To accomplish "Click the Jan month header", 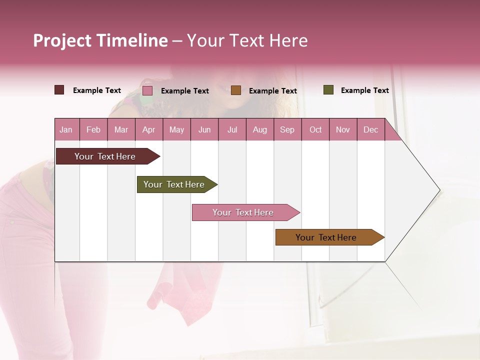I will [66, 129].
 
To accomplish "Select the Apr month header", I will [149, 129].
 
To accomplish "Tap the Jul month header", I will [232, 129].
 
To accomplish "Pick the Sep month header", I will [287, 129].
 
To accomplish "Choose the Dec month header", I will [370, 129].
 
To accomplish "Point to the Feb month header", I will [93, 129].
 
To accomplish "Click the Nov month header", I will [343, 129].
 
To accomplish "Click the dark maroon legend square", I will [59, 90].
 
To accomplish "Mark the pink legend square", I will [147, 90].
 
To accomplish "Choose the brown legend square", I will [236, 90].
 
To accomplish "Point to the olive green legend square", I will [328, 90].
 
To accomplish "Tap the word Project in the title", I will [62, 40].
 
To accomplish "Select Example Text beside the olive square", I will [364, 90].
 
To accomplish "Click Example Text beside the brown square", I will [272, 91].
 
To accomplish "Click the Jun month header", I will [204, 129].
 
